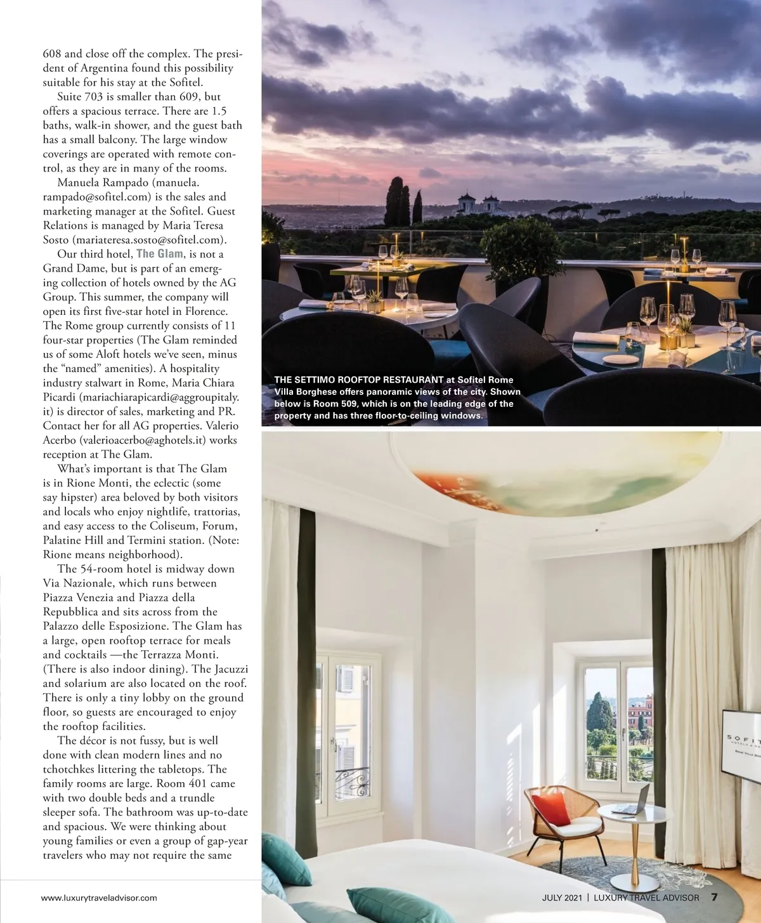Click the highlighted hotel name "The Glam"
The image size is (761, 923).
tap(160, 254)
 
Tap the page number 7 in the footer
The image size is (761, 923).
tap(714, 897)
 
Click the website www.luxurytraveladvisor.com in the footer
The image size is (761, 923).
tap(99, 898)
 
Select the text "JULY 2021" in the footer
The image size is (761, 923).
tap(562, 898)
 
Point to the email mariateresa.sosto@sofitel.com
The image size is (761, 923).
tap(149, 240)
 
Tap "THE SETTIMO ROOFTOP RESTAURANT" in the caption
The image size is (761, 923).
tap(359, 380)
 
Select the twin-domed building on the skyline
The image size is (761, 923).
tap(479, 203)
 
